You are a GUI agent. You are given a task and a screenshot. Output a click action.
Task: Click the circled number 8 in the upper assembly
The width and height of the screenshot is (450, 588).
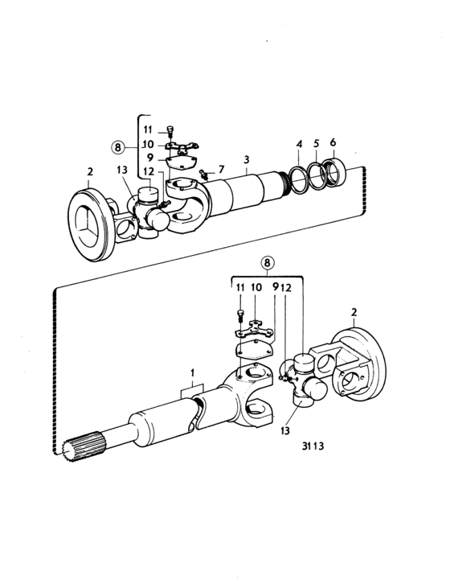(x=118, y=147)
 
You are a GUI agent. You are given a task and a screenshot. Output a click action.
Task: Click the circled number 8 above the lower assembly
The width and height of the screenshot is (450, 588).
(x=267, y=263)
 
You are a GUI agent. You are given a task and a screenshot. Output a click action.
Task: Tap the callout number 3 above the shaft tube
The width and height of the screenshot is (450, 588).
(x=246, y=160)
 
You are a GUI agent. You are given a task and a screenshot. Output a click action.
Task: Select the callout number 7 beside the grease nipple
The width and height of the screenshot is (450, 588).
(x=221, y=170)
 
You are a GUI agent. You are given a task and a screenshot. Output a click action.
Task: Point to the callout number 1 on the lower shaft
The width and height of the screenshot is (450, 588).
(x=193, y=372)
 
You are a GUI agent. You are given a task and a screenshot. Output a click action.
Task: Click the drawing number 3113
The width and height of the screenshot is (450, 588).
(x=313, y=446)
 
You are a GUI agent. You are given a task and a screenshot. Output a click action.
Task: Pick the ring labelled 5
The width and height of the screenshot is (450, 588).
(x=317, y=175)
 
